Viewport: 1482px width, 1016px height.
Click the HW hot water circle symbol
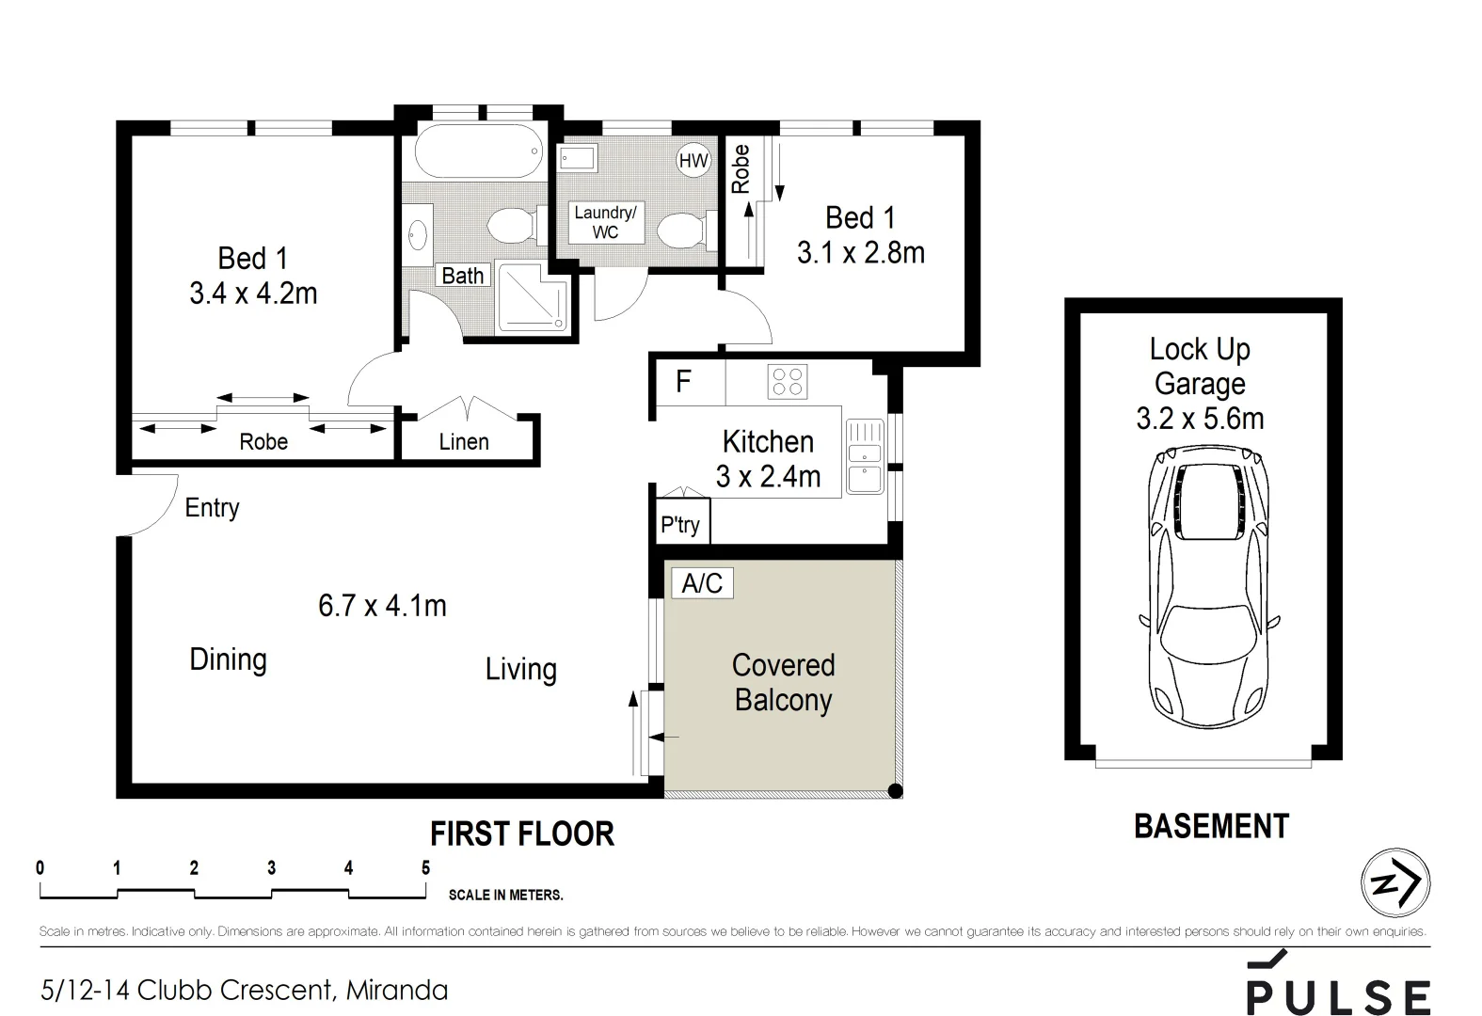point(693,161)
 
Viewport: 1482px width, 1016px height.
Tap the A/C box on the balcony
point(702,583)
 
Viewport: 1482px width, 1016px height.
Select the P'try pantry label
point(680,524)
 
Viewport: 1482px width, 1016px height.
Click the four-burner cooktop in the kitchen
point(788,382)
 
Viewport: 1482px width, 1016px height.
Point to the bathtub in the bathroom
point(479,151)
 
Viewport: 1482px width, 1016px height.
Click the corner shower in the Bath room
point(533,298)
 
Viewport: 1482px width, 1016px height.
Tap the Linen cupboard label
point(464,442)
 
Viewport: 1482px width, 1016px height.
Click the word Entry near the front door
point(212,508)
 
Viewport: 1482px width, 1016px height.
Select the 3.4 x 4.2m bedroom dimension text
point(253,294)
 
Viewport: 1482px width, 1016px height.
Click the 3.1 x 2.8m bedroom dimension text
point(860,253)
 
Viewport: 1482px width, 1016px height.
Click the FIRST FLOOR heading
point(522,833)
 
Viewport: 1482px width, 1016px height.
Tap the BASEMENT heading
point(1211,826)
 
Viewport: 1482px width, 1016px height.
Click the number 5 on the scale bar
point(425,867)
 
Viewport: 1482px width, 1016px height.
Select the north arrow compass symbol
point(1395,883)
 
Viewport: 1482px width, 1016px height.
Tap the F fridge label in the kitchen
point(684,381)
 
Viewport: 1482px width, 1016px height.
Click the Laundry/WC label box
point(605,223)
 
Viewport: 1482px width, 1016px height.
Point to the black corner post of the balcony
point(896,791)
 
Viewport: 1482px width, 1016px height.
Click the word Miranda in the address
point(397,991)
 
